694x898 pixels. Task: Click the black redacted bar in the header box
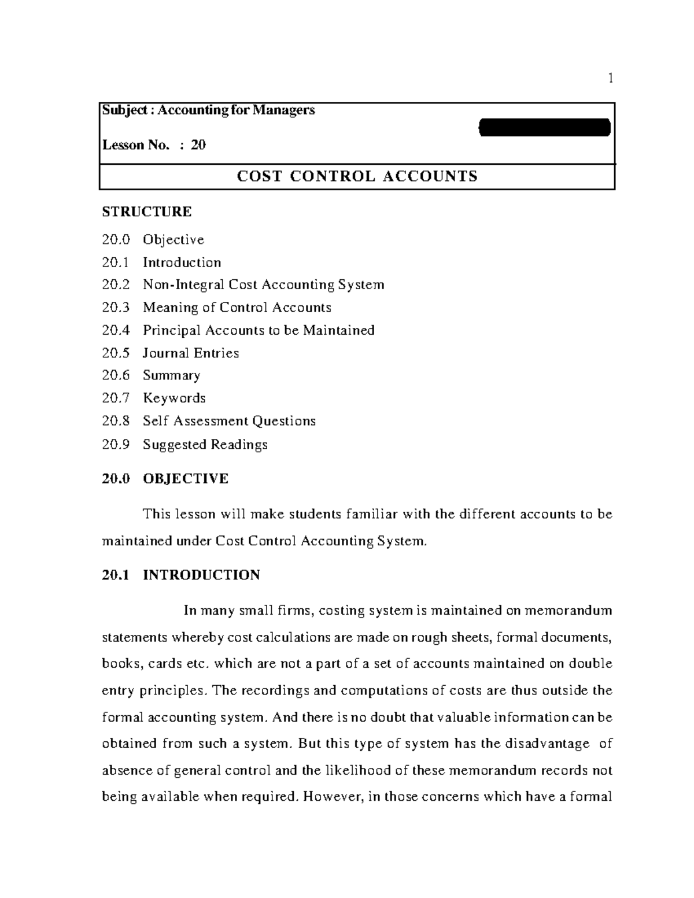(x=545, y=127)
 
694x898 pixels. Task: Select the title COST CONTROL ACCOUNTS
(x=357, y=176)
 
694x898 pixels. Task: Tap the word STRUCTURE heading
(x=146, y=212)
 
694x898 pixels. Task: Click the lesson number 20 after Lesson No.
(x=198, y=145)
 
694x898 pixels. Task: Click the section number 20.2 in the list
(x=115, y=284)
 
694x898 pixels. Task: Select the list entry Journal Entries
(x=191, y=353)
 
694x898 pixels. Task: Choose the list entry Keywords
(x=174, y=398)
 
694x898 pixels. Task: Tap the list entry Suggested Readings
(x=205, y=444)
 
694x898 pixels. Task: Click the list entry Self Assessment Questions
(x=229, y=421)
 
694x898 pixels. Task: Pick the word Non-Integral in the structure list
(x=183, y=284)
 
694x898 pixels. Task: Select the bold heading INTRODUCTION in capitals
(x=201, y=575)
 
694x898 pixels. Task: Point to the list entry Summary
(x=171, y=375)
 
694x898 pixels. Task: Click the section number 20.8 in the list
(x=115, y=421)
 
